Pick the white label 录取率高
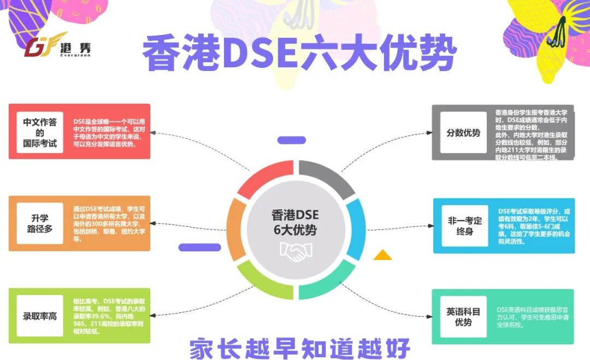pyautogui.click(x=40, y=316)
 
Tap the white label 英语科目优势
pyautogui.click(x=463, y=317)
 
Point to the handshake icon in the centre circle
pyautogui.click(x=295, y=251)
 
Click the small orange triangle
pyautogui.click(x=382, y=255)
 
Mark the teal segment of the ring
pyautogui.click(x=326, y=280)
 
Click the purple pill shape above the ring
pyautogui.click(x=291, y=140)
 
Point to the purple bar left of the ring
pyautogui.click(x=199, y=247)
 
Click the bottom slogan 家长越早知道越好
pyautogui.click(x=299, y=347)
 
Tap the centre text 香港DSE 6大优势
pyautogui.click(x=295, y=221)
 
